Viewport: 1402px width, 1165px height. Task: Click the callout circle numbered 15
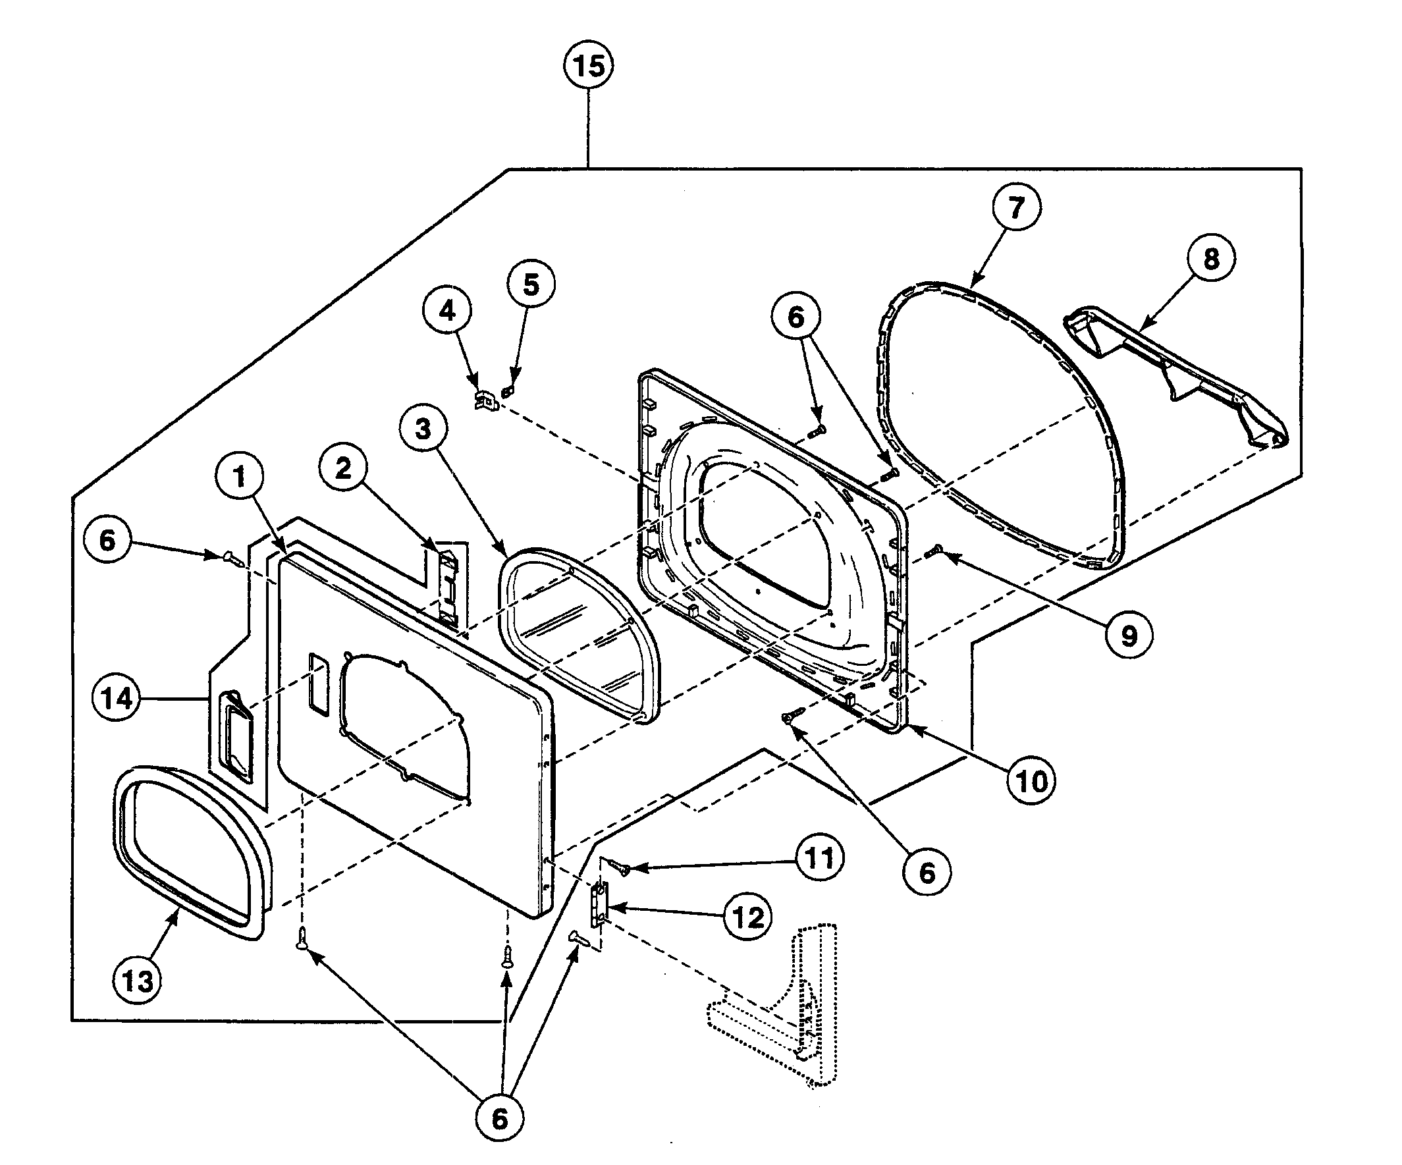[x=589, y=66]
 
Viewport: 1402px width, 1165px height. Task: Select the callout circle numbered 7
[x=1015, y=207]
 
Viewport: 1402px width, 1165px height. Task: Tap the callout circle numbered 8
[x=1211, y=258]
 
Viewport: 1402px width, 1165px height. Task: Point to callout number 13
[x=138, y=981]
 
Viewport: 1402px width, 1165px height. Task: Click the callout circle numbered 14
[x=117, y=698]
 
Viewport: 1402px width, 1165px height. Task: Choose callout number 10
[x=1031, y=780]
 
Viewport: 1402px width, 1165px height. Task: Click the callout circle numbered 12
[x=747, y=917]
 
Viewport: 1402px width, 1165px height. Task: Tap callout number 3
[x=423, y=429]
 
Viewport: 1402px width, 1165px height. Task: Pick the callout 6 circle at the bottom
[x=499, y=1118]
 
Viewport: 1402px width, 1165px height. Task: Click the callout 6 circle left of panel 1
[x=107, y=540]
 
